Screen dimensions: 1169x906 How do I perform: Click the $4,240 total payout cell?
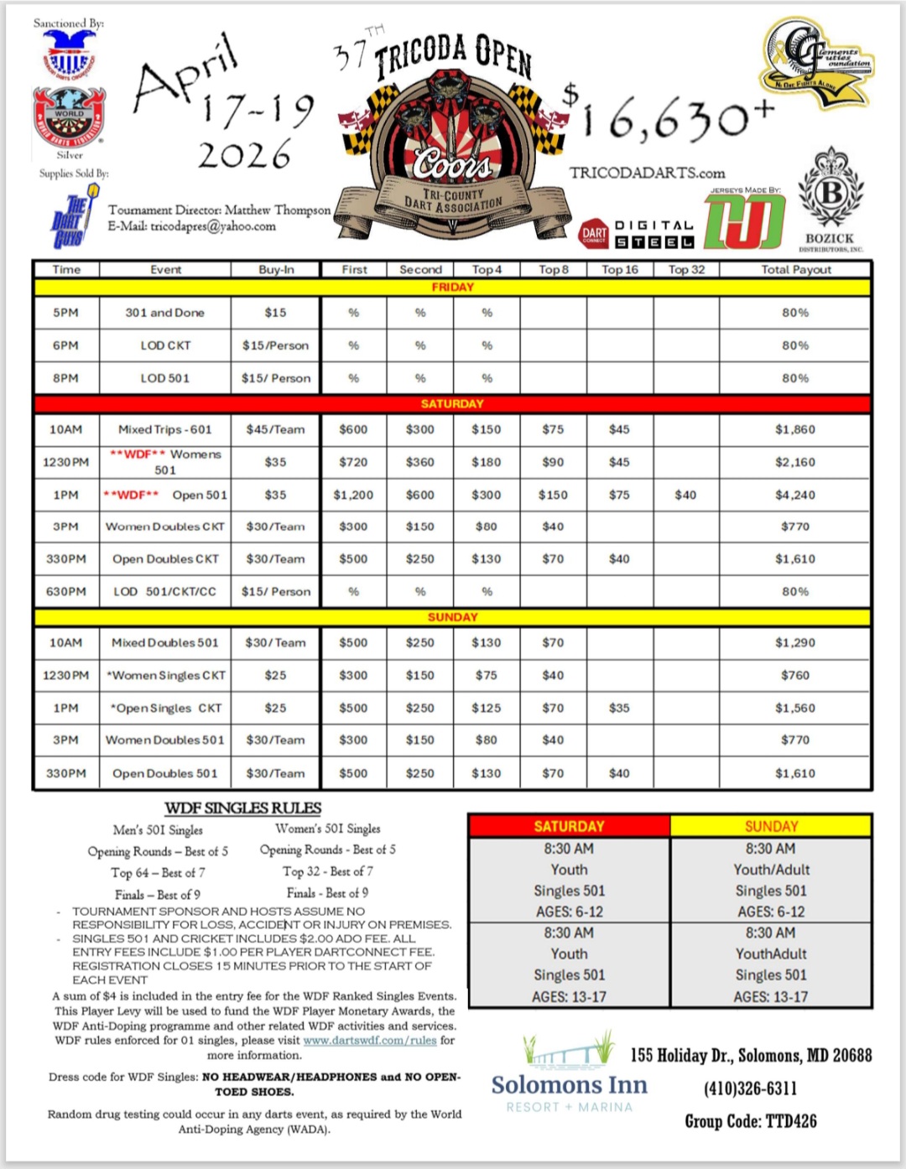tap(794, 495)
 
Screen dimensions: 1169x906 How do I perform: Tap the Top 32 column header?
tap(686, 269)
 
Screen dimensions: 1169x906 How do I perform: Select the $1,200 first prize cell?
tap(353, 495)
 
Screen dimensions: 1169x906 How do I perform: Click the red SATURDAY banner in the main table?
tap(452, 403)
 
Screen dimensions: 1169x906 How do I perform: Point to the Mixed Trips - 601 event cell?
tap(165, 429)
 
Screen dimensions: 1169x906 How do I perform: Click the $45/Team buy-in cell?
tap(275, 429)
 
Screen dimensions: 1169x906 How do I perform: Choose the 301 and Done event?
tap(165, 313)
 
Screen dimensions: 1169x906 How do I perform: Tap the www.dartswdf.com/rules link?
tap(370, 1040)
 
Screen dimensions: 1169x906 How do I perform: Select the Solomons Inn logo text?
tap(570, 1085)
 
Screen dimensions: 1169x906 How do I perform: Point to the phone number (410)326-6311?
tap(750, 1088)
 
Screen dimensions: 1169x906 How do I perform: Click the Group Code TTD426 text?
tap(750, 1121)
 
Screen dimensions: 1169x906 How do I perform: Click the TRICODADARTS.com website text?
tap(647, 173)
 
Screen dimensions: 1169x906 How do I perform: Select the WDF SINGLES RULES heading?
tap(242, 808)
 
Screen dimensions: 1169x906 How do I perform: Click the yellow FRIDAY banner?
tap(452, 287)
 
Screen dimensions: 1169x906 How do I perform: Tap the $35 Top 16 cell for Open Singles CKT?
tap(619, 708)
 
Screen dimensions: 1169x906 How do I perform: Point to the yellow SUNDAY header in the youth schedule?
tap(771, 826)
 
